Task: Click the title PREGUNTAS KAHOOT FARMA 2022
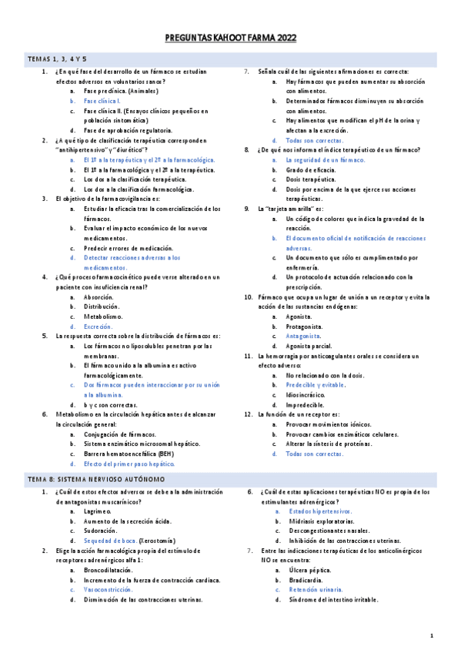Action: click(x=230, y=38)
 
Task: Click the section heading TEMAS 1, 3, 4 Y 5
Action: click(x=57, y=59)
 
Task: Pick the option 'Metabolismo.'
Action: click(x=102, y=316)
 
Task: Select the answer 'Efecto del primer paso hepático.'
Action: click(x=129, y=464)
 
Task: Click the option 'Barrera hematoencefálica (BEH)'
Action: click(x=129, y=454)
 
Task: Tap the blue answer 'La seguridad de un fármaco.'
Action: click(x=326, y=159)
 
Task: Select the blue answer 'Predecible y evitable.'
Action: click(x=316, y=384)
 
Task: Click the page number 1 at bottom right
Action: click(x=432, y=636)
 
